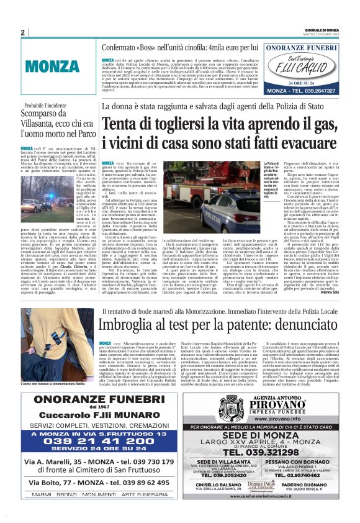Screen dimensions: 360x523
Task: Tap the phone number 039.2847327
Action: click(x=315, y=90)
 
